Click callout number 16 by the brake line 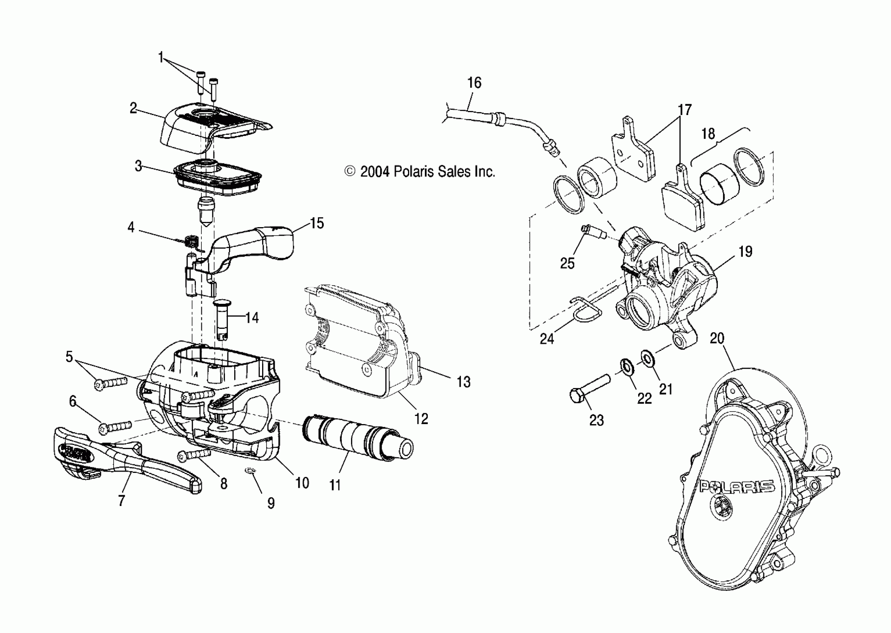(x=474, y=83)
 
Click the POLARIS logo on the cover (x=736, y=486)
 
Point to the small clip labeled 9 (x=249, y=472)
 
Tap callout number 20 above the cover (x=717, y=338)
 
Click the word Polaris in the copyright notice (x=414, y=172)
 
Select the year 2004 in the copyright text (x=375, y=172)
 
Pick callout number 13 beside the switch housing (x=464, y=382)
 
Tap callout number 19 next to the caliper (x=745, y=252)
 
